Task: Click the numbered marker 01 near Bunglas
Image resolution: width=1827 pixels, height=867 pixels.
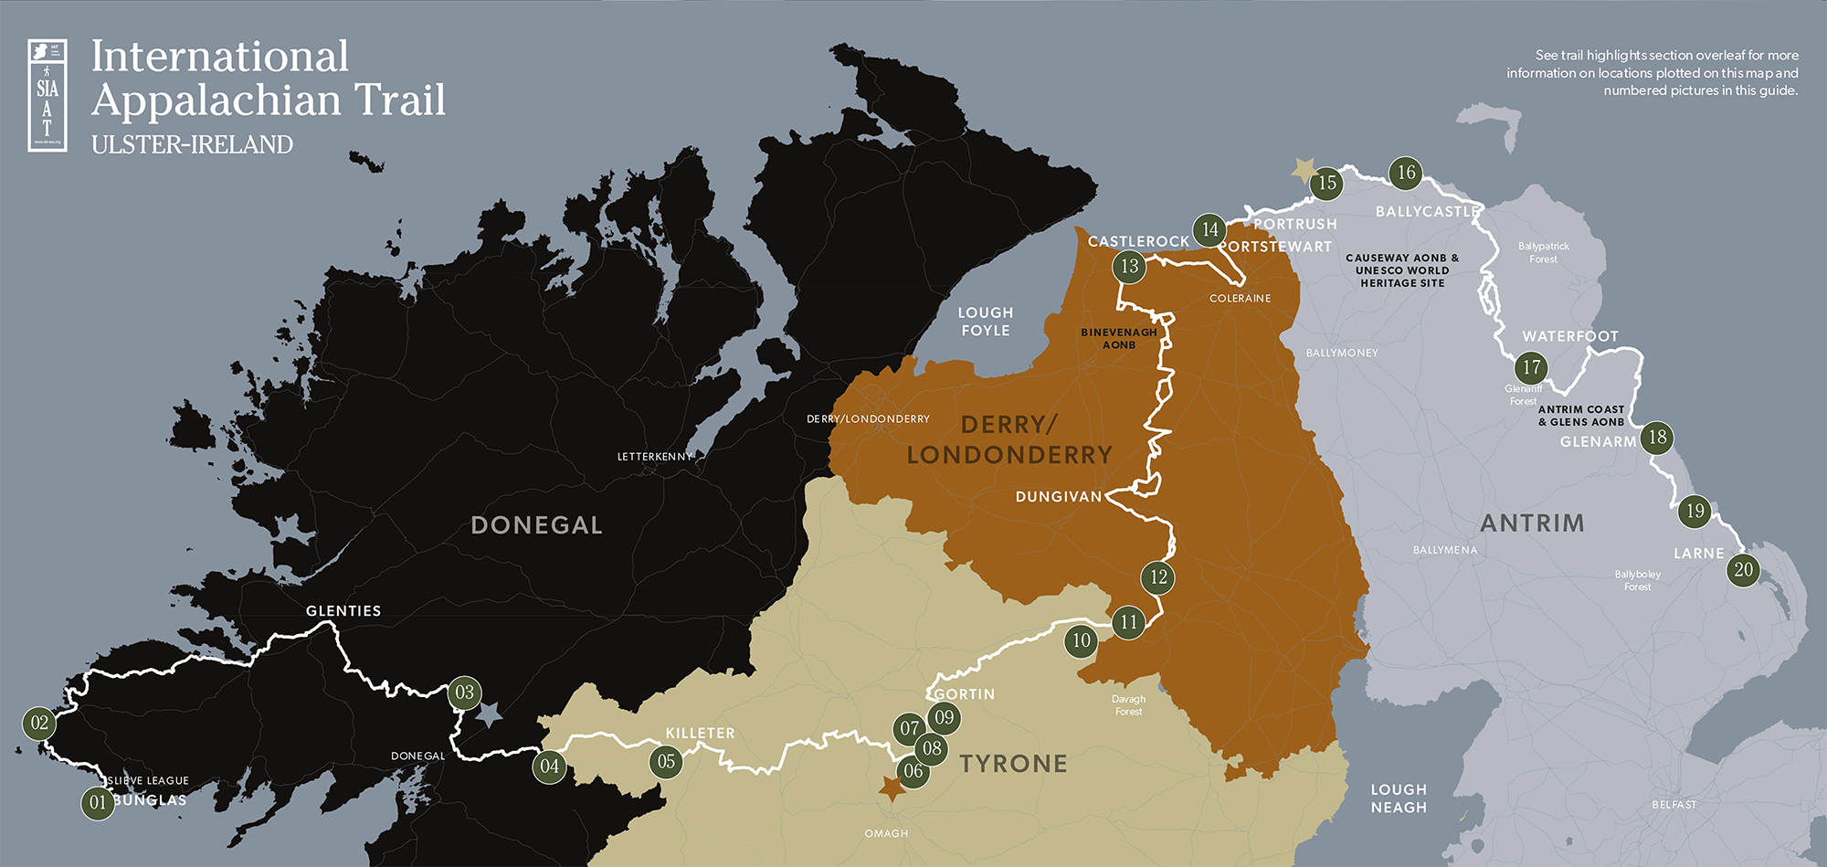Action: (98, 803)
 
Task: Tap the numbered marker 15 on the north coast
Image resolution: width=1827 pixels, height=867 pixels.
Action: (1327, 183)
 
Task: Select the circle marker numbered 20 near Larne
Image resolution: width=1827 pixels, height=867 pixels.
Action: (1743, 570)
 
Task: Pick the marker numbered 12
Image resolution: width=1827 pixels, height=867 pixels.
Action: (1158, 577)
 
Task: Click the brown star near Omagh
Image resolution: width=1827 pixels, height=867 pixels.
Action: (891, 788)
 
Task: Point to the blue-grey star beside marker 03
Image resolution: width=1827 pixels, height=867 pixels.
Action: (490, 714)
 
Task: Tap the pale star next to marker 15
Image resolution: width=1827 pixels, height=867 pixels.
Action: (1304, 170)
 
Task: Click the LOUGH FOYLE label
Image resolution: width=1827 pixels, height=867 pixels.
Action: (985, 322)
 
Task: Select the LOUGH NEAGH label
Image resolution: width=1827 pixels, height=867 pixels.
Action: (1398, 798)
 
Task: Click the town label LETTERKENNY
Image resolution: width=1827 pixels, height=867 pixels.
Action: (655, 457)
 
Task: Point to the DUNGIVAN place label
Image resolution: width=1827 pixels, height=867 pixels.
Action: (1059, 497)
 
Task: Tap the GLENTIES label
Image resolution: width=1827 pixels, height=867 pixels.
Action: (343, 611)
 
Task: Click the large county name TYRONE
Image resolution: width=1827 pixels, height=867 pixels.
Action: (1013, 764)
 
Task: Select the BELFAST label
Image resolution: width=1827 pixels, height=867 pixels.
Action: (1674, 805)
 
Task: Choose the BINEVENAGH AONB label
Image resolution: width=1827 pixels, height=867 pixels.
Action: (1118, 339)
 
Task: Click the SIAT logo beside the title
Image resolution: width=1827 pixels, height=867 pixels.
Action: (48, 95)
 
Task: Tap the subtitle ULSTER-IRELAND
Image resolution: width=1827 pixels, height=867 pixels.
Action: (192, 144)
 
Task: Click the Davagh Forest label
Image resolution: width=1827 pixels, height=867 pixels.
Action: (1128, 705)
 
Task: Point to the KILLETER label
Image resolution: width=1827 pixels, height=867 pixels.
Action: (700, 734)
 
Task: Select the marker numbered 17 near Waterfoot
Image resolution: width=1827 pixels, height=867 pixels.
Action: (1532, 368)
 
